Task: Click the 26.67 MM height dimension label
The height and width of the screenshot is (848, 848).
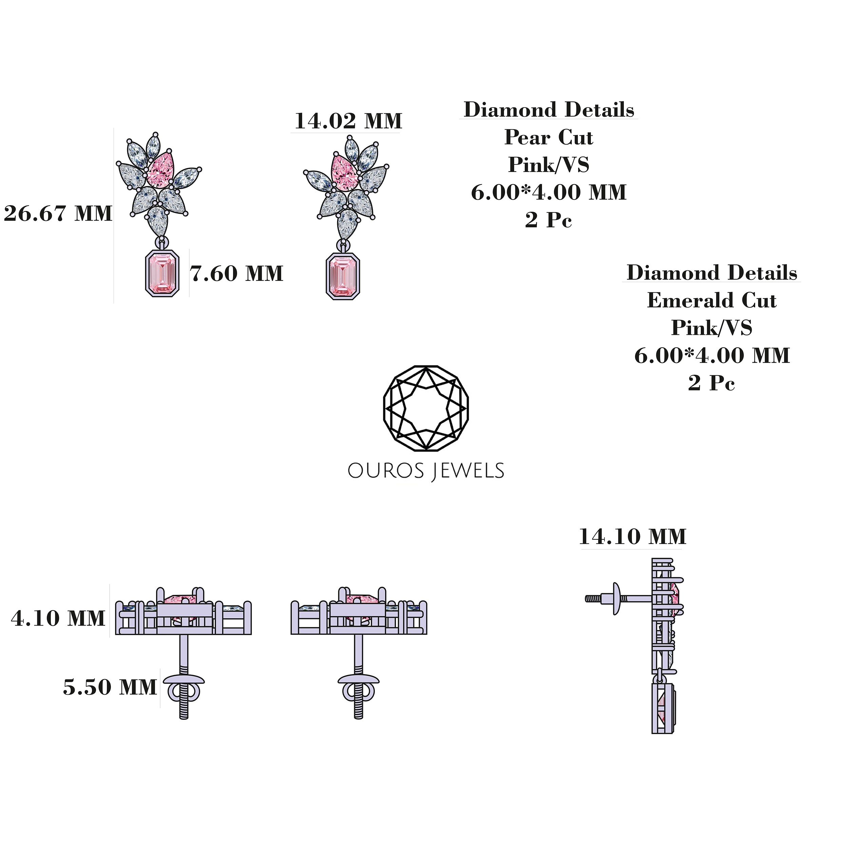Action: [x=58, y=214]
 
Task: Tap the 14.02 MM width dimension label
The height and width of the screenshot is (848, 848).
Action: [x=348, y=121]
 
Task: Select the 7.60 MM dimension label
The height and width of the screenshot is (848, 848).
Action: [x=236, y=274]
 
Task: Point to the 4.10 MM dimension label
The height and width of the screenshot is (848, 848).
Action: [x=58, y=618]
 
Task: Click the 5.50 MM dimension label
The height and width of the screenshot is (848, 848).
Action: [x=110, y=687]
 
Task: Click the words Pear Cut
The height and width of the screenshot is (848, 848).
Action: [x=548, y=137]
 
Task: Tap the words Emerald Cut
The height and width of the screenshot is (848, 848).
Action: [x=712, y=301]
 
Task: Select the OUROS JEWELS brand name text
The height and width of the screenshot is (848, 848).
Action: [x=426, y=471]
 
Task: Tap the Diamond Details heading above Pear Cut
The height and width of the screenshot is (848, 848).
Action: [x=548, y=110]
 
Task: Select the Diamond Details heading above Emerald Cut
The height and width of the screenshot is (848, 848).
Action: [x=712, y=273]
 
